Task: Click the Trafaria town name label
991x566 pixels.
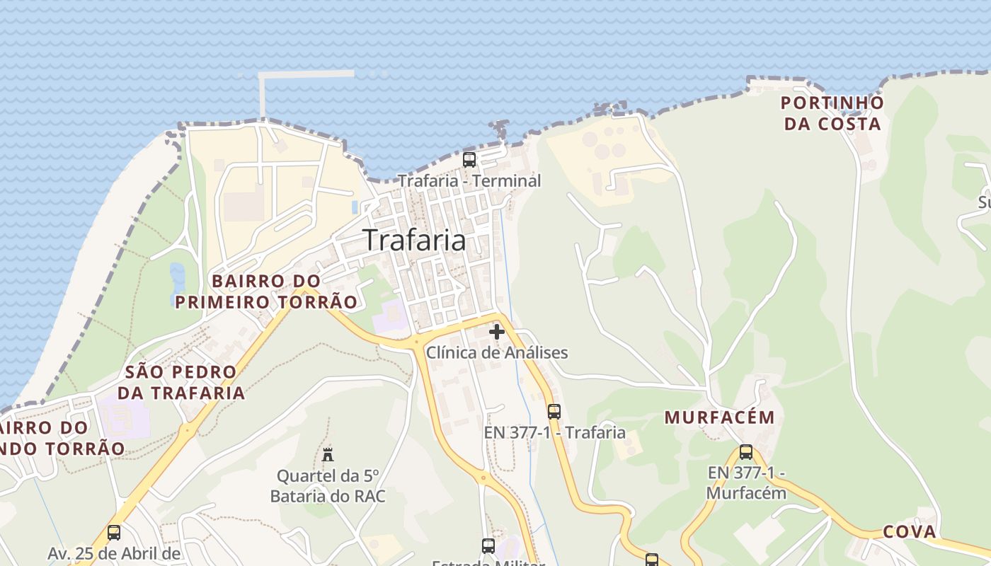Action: pyautogui.click(x=415, y=240)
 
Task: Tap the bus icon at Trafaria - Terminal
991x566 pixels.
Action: pyautogui.click(x=469, y=159)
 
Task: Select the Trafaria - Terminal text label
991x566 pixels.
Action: pyautogui.click(x=469, y=180)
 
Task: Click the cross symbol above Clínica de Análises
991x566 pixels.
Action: pyautogui.click(x=497, y=331)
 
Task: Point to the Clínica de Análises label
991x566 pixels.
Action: pyautogui.click(x=497, y=352)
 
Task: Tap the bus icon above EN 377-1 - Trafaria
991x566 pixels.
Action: pyautogui.click(x=554, y=411)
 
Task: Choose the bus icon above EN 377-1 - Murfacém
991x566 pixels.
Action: pyautogui.click(x=746, y=452)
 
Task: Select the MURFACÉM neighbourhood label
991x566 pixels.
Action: pyautogui.click(x=720, y=417)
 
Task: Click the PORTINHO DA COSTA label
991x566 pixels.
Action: pyautogui.click(x=832, y=113)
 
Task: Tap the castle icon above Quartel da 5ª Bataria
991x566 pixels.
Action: pyautogui.click(x=328, y=454)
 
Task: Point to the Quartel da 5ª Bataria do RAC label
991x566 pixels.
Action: pyautogui.click(x=328, y=485)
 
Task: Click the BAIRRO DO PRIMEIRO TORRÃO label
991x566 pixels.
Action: pyautogui.click(x=266, y=291)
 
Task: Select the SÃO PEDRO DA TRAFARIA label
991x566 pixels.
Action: pyautogui.click(x=181, y=382)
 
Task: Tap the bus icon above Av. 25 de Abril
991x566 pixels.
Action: pyautogui.click(x=114, y=532)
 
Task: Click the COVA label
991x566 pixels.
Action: pyautogui.click(x=910, y=532)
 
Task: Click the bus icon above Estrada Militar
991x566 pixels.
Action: pyautogui.click(x=488, y=545)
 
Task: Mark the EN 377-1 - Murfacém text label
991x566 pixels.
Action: pyautogui.click(x=746, y=483)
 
